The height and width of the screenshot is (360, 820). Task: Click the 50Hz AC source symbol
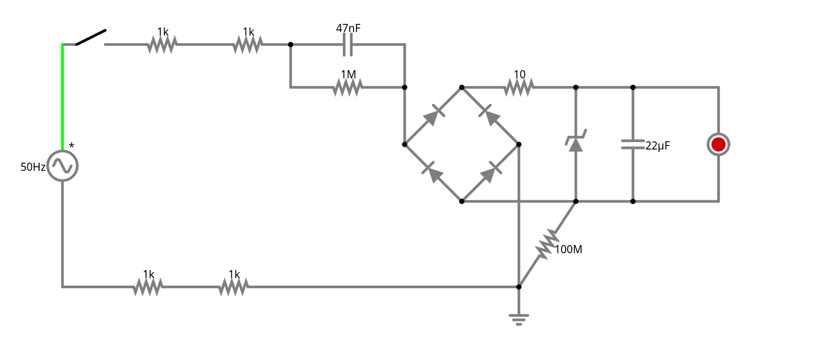click(x=63, y=166)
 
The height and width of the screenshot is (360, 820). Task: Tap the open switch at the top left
click(x=91, y=38)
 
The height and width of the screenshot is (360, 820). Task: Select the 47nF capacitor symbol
click(x=348, y=45)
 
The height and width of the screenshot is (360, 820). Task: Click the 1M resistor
click(x=348, y=88)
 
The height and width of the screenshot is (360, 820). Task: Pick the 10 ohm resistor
click(x=519, y=87)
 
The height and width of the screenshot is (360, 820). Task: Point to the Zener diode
click(x=576, y=143)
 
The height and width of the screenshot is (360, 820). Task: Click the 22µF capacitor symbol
click(x=633, y=144)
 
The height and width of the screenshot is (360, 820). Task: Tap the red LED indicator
click(x=718, y=144)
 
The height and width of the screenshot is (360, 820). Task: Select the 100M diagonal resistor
click(x=546, y=245)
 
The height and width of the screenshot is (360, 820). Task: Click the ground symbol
click(x=519, y=319)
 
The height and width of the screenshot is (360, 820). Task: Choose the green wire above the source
click(x=63, y=97)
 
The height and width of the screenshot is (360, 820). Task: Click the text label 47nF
click(x=348, y=28)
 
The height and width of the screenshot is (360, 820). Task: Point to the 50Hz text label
click(x=33, y=167)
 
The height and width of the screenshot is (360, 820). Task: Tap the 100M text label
click(x=568, y=250)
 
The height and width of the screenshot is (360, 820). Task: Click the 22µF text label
click(x=658, y=146)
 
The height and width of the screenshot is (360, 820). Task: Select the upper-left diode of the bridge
click(x=433, y=116)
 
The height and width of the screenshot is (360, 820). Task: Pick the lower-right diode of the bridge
click(x=490, y=173)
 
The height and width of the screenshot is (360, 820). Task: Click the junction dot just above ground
click(x=519, y=287)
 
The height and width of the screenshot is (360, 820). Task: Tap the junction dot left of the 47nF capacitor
click(x=290, y=45)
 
